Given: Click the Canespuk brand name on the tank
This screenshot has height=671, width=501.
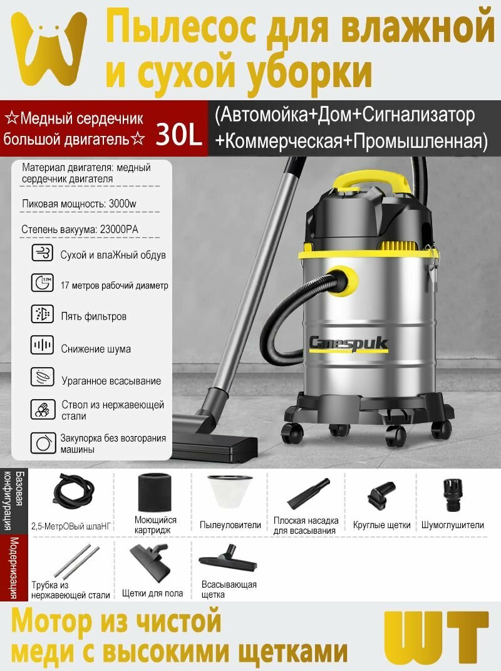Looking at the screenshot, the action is (x=348, y=343).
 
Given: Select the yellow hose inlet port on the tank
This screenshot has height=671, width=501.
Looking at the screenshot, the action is (x=342, y=281).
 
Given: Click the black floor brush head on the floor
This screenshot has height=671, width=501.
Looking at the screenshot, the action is (x=215, y=442).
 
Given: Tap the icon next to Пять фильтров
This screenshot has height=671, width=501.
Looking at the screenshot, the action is (x=43, y=315).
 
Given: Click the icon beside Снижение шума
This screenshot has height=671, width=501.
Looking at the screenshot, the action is (x=43, y=345).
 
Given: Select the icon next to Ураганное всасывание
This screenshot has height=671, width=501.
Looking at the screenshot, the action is (x=43, y=377).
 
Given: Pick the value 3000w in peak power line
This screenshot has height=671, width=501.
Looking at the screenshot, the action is (x=122, y=204).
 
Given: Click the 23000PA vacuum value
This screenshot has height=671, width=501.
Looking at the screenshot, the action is (x=119, y=229).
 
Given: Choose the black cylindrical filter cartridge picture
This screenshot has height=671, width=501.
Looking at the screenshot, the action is (x=155, y=492).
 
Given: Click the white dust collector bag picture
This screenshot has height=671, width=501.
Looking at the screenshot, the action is (x=230, y=491).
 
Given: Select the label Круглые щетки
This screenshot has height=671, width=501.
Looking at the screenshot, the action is (x=381, y=525).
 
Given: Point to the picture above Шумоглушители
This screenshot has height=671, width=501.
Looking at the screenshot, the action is (x=453, y=495).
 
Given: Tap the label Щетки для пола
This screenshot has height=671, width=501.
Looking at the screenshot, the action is (x=152, y=593).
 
